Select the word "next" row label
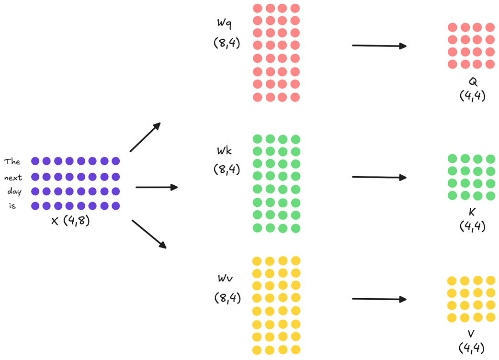(13, 178)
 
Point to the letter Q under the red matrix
(473, 82)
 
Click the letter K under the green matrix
(472, 212)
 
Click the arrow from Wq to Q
(379, 46)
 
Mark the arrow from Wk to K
(379, 177)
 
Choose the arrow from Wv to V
(379, 299)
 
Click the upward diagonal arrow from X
(145, 137)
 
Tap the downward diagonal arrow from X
(148, 234)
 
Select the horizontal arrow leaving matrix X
(156, 187)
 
